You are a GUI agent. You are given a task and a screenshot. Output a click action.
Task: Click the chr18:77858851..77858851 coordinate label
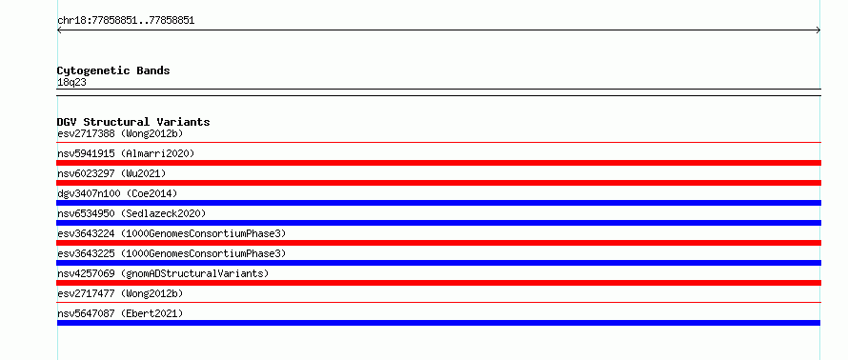pyautogui.click(x=126, y=21)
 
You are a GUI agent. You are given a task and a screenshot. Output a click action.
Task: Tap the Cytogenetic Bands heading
pyautogui.click(x=113, y=70)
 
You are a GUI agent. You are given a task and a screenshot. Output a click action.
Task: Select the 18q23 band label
pyautogui.click(x=71, y=83)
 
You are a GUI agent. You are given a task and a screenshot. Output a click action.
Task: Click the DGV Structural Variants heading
pyautogui.click(x=133, y=122)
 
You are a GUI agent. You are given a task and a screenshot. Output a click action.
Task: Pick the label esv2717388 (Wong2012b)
pyautogui.click(x=123, y=133)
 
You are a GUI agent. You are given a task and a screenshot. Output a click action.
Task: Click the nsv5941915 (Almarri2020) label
pyautogui.click(x=126, y=153)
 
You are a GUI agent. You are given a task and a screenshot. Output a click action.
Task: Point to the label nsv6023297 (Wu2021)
pyautogui.click(x=111, y=173)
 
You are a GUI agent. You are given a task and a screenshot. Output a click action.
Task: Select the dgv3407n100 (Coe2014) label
pyautogui.click(x=117, y=193)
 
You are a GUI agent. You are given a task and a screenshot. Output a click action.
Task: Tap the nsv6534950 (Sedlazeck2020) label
pyautogui.click(x=131, y=213)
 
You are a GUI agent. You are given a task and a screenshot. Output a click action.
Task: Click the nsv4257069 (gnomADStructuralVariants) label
pyautogui.click(x=163, y=273)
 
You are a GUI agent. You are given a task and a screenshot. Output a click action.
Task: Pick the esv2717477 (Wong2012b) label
pyautogui.click(x=120, y=293)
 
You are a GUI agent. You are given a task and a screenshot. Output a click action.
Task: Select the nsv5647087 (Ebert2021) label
pyautogui.click(x=120, y=313)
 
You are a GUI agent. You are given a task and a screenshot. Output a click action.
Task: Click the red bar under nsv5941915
pyautogui.click(x=438, y=163)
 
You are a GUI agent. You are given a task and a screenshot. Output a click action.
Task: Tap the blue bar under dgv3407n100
pyautogui.click(x=438, y=203)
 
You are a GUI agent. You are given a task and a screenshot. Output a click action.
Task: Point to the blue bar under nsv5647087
pyautogui.click(x=438, y=323)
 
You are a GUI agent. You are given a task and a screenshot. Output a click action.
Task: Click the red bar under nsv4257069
pyautogui.click(x=438, y=283)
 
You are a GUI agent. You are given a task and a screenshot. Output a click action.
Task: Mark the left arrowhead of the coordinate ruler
pyautogui.click(x=59, y=30)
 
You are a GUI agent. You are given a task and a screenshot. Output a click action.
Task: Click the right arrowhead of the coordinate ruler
pyautogui.click(x=818, y=30)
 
